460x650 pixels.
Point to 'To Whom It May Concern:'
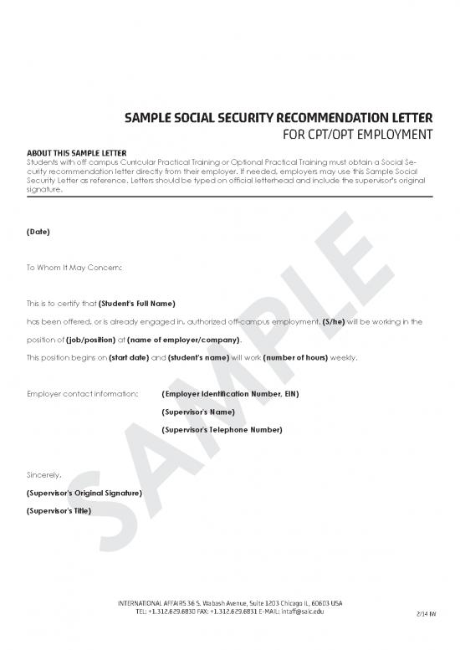pos(74,267)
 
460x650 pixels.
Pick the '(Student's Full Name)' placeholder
pos(136,303)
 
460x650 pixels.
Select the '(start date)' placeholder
pos(128,357)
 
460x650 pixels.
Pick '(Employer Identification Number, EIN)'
pos(230,393)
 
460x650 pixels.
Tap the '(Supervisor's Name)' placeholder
pos(197,412)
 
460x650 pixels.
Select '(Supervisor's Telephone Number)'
pos(221,429)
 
